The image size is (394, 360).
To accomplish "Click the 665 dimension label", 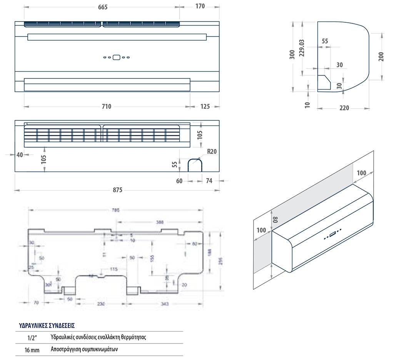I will tap(102, 7).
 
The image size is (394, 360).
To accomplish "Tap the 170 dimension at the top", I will tap(200, 6).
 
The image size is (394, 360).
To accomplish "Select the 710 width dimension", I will tap(106, 107).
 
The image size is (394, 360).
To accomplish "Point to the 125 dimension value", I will tap(205, 107).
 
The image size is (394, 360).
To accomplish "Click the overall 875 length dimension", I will tap(117, 190).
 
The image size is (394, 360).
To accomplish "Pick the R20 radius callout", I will tap(212, 152).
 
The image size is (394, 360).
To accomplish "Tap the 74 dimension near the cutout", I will tap(209, 181).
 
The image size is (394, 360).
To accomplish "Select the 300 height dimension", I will tap(292, 55).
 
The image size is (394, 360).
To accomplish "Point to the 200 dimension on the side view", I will tap(381, 57).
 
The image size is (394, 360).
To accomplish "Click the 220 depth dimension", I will tap(344, 108).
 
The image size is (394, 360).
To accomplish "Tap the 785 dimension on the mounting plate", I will tap(116, 210).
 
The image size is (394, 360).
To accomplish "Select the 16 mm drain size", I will tap(32, 350).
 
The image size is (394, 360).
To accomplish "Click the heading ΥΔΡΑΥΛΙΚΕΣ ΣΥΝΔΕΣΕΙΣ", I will tap(47, 325).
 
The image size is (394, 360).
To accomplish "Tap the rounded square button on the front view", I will tap(116, 57).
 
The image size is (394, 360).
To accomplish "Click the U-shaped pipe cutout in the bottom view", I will tap(195, 165).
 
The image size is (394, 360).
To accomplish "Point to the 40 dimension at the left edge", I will tap(20, 155).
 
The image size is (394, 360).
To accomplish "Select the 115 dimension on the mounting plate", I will tap(114, 269).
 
